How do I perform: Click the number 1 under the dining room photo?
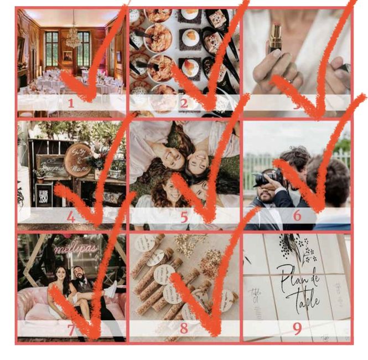click(71, 102)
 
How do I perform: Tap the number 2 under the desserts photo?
click(184, 102)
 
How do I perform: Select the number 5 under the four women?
click(184, 217)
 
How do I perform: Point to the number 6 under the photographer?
click(297, 216)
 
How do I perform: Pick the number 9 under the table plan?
click(297, 329)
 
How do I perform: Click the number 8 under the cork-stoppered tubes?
click(184, 329)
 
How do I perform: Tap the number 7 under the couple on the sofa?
click(71, 330)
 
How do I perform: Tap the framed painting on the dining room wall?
click(67, 55)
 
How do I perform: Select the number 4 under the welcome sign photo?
click(71, 217)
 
